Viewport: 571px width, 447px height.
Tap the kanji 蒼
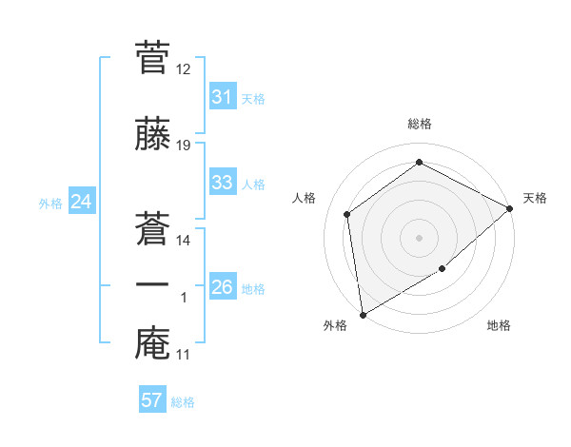(x=152, y=226)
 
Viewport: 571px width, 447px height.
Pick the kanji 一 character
(x=152, y=284)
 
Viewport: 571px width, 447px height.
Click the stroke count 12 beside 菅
(x=184, y=70)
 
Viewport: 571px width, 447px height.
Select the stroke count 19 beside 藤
(x=184, y=145)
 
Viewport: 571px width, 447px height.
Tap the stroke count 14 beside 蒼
(x=184, y=241)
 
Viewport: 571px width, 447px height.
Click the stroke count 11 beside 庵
(x=184, y=355)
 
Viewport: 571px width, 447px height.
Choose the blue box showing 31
(x=222, y=97)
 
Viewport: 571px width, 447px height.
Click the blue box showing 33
(x=222, y=183)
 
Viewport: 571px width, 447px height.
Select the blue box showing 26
(x=222, y=287)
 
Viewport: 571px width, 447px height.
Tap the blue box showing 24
(x=81, y=202)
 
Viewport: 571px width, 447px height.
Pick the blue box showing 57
(x=152, y=400)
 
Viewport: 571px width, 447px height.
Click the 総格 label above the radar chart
(x=420, y=124)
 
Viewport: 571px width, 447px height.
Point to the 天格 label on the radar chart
(x=535, y=198)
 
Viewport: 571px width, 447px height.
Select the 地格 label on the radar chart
(x=499, y=326)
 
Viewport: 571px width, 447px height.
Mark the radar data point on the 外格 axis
(x=363, y=314)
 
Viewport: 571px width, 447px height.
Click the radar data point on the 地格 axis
(x=443, y=269)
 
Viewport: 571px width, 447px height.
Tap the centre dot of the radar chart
(x=420, y=237)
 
